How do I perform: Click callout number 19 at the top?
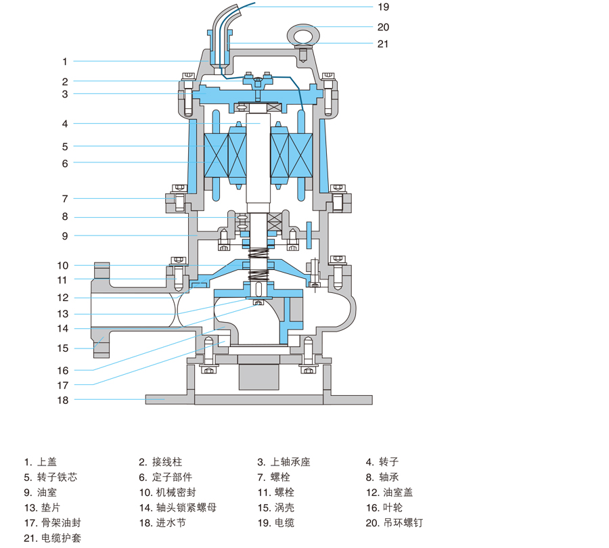[383, 7]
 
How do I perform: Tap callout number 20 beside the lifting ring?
[383, 28]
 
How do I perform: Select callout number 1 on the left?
[65, 62]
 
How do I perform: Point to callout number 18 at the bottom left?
[63, 400]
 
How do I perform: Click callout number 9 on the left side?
[65, 235]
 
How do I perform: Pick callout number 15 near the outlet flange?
[63, 348]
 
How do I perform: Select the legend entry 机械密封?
[165, 493]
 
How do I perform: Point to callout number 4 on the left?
[65, 124]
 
